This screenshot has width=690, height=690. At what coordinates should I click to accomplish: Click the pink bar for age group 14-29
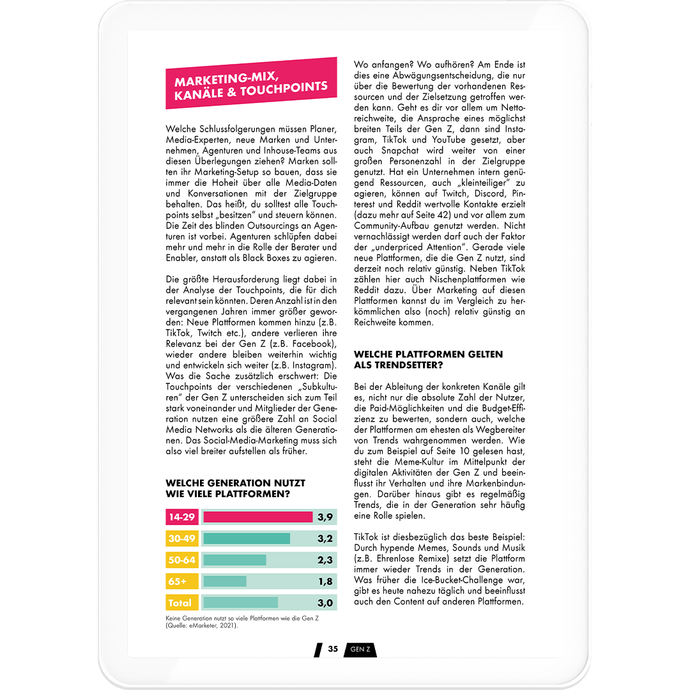[257, 517]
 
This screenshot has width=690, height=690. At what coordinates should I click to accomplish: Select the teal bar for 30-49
[246, 539]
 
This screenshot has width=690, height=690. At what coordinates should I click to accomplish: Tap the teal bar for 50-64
[234, 560]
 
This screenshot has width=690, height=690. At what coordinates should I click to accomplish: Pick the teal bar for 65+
[224, 581]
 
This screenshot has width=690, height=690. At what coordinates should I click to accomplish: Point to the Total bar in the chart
[240, 602]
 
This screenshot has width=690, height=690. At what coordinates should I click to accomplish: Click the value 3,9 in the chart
[325, 517]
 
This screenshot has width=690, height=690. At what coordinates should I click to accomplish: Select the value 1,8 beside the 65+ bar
[325, 581]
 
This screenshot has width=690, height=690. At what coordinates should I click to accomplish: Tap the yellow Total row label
[181, 602]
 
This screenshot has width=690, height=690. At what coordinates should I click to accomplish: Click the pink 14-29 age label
[181, 517]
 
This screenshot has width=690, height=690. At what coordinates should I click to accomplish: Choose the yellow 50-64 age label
[181, 560]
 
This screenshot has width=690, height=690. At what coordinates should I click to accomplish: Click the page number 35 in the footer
[333, 649]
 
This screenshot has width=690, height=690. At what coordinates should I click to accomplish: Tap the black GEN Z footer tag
[360, 650]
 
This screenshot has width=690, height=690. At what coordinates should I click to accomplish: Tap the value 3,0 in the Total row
[325, 602]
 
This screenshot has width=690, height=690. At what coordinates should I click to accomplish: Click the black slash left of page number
[318, 650]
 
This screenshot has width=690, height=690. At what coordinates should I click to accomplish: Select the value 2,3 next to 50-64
[325, 560]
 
